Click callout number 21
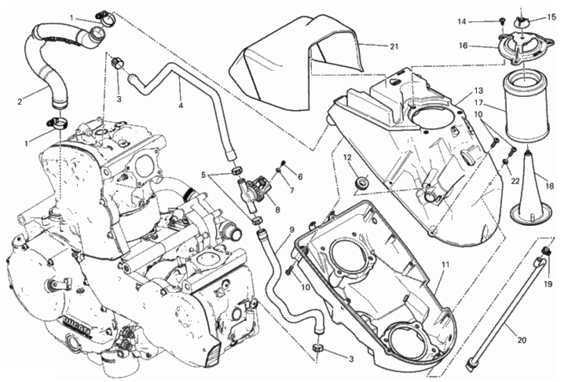point(394,47)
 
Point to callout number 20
point(521,340)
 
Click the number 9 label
point(290,233)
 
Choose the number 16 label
point(463,46)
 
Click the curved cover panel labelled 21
point(294,52)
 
